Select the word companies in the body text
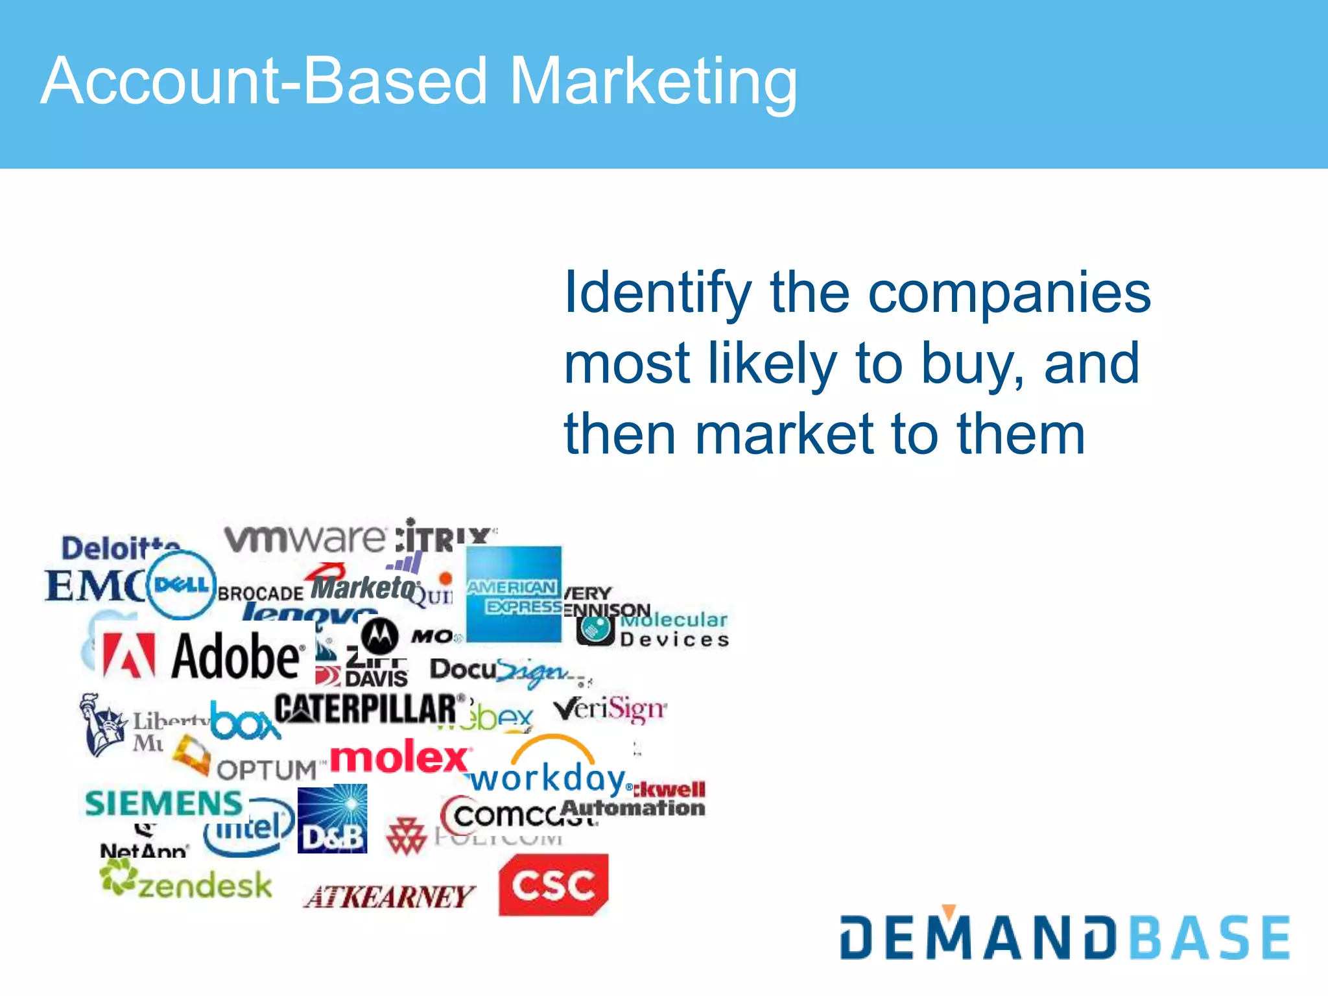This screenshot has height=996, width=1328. point(1009,293)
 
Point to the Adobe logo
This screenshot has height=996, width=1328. point(204,656)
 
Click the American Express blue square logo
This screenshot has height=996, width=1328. point(514,594)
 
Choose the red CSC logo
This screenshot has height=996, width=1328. point(553,884)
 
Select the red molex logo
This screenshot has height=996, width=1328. point(400,757)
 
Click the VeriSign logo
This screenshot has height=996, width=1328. point(610,709)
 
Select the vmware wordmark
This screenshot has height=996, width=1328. point(305,538)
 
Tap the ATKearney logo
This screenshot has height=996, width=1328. point(389,897)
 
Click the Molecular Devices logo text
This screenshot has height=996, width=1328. point(674,630)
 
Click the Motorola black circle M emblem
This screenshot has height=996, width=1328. point(379,635)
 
